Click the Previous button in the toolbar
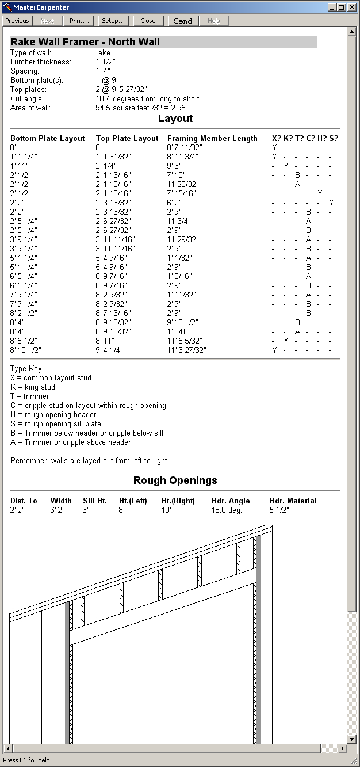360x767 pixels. coord(17,21)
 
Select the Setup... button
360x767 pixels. coord(113,21)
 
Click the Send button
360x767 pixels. coord(183,21)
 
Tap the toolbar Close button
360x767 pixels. coord(148,21)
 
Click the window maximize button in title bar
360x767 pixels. coord(342,7)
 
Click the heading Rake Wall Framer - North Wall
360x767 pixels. coord(85,42)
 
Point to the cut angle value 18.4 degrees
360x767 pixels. coord(147,99)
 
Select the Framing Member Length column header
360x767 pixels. coord(212,138)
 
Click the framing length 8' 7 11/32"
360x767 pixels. coord(185,147)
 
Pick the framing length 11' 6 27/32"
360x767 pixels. coord(186,350)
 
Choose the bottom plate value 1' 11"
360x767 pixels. coord(20,166)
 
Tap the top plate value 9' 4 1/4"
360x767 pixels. coord(109,350)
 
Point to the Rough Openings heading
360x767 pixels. coord(175,480)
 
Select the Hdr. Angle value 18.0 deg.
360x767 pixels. coord(227,510)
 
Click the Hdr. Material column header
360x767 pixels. coord(293,501)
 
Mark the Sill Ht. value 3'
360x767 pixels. coord(85,510)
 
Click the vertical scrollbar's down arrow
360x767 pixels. coord(352,739)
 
